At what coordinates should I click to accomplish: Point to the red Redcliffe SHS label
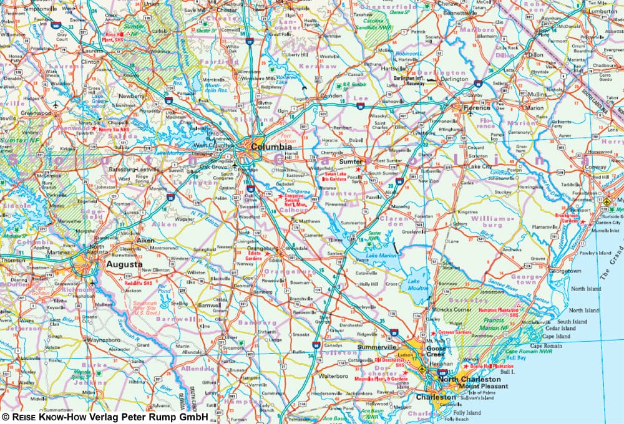coord(140,282)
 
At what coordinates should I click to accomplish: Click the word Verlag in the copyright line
coord(93,416)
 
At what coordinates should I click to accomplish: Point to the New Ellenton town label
coord(155,270)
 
